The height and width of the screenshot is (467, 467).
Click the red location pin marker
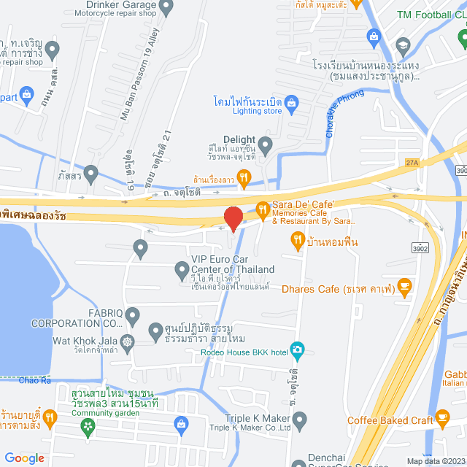[x=233, y=218]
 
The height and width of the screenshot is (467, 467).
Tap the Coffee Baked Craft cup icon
[x=442, y=420]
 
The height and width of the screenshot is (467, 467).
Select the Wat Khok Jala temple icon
[x=128, y=341]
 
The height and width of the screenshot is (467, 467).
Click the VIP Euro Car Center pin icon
[x=182, y=272]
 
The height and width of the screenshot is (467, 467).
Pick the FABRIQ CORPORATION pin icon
[x=132, y=315]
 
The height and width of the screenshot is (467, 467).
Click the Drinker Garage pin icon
[x=166, y=9]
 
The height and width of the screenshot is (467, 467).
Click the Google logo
[x=24, y=458]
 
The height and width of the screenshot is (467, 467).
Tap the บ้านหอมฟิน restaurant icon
[x=297, y=239]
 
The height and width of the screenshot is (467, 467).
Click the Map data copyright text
[x=435, y=461]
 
